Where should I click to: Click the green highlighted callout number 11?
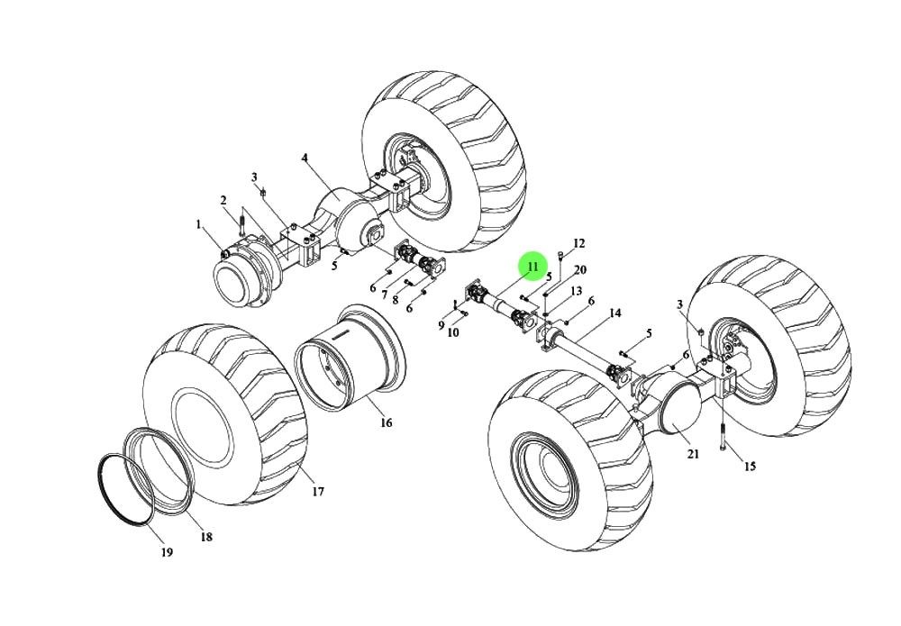point(532,268)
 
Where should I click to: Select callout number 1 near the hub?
point(199,223)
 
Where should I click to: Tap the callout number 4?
point(305,159)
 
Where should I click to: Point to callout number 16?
point(386,422)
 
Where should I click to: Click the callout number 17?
point(318,492)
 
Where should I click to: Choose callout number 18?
point(206,537)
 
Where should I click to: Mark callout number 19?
point(167,552)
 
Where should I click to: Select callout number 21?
point(693,454)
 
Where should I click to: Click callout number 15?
point(750,467)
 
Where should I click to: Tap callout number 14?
point(615,313)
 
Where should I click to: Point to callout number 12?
point(578,243)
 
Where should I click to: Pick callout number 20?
point(580,270)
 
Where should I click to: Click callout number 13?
point(576,291)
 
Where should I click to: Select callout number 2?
point(223,200)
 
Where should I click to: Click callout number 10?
point(453,332)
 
